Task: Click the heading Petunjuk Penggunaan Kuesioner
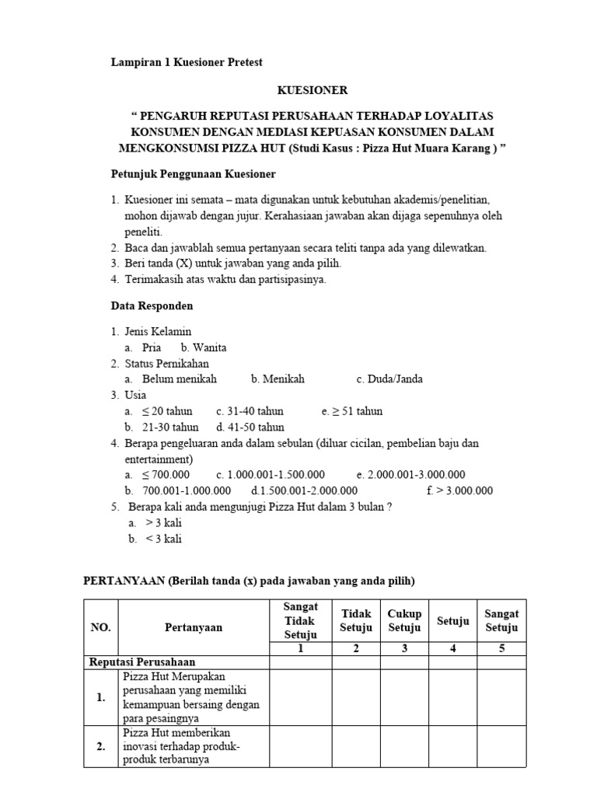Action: click(x=192, y=173)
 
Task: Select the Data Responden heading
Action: click(x=151, y=305)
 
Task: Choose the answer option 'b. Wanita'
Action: click(x=204, y=347)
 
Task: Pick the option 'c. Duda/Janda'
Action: click(x=389, y=379)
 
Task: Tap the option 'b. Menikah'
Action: click(x=278, y=379)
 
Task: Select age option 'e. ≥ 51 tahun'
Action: click(x=351, y=411)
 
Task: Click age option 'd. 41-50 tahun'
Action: click(x=250, y=427)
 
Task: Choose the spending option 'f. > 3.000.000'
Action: click(x=459, y=491)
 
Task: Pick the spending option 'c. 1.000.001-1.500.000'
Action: click(x=271, y=474)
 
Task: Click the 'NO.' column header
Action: click(x=101, y=627)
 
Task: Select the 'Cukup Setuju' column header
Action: click(x=404, y=620)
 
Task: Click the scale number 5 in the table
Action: click(x=501, y=649)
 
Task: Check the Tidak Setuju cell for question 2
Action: click(x=356, y=746)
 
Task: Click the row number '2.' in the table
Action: click(x=101, y=746)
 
